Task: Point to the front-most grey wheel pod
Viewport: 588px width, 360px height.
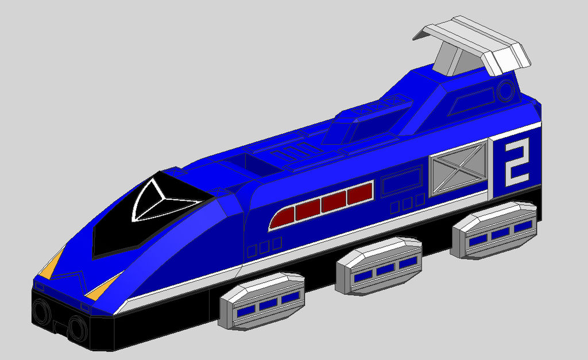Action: coord(262,300)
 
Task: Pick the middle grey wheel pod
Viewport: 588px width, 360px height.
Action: coord(379,265)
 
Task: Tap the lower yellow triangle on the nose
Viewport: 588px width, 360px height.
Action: coord(102,287)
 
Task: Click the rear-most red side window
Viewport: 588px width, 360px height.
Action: coord(360,194)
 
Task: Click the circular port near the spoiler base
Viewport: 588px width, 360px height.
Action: coord(506,91)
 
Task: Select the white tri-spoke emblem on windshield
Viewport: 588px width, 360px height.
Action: coord(156,199)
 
